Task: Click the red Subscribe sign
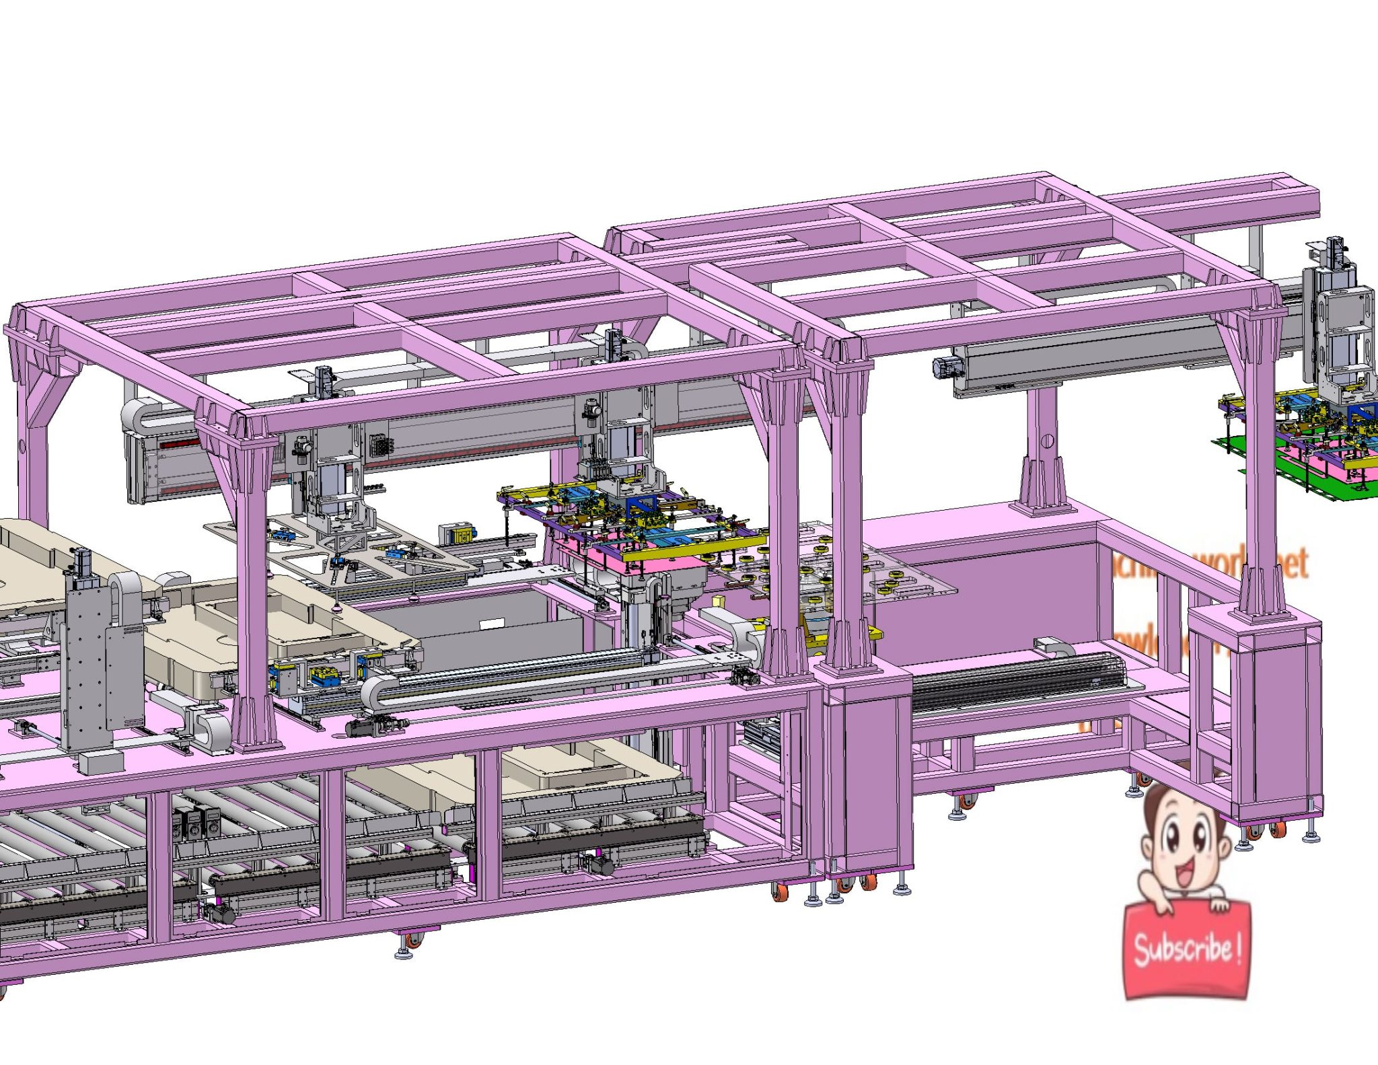(x=1186, y=949)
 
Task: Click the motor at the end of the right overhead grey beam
(x=943, y=367)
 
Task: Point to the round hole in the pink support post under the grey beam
(x=1047, y=441)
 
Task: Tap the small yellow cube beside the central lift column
(x=719, y=600)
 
